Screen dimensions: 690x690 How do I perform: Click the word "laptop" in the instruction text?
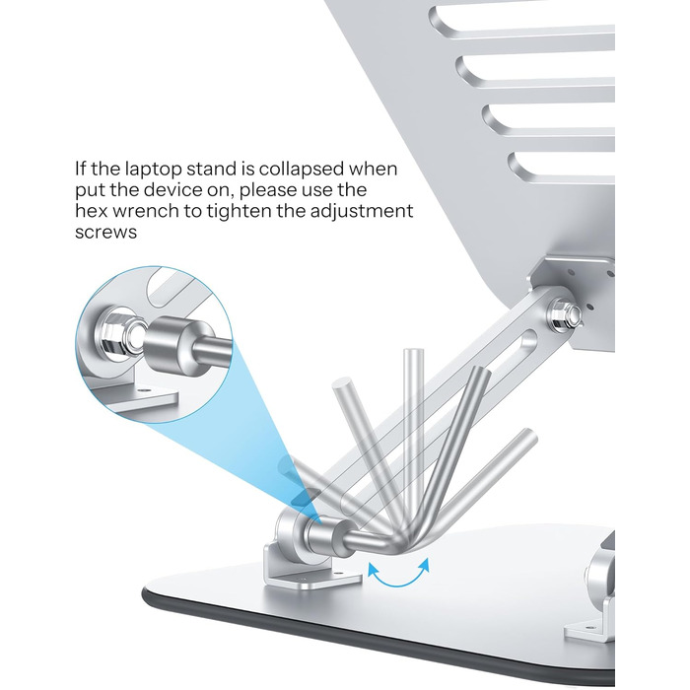click(x=153, y=170)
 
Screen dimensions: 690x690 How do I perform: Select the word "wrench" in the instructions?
click(x=146, y=211)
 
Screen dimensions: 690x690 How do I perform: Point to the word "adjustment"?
click(x=362, y=211)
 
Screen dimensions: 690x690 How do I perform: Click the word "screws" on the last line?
click(x=105, y=232)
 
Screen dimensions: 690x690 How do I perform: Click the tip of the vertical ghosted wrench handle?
click(x=414, y=352)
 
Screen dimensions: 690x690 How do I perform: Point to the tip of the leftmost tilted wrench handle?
click(x=342, y=382)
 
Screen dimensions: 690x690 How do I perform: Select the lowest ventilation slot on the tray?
click(x=562, y=168)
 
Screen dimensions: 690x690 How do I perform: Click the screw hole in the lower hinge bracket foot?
click(x=338, y=574)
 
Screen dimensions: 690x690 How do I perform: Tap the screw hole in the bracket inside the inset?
click(x=144, y=389)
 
